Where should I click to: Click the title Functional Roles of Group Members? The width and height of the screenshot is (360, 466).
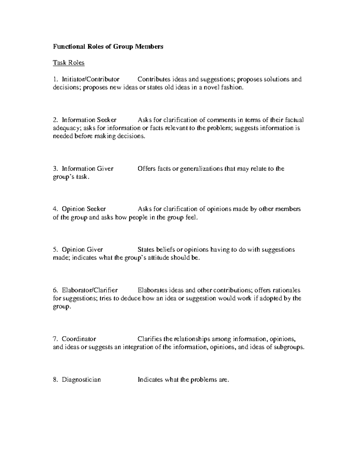point(108,47)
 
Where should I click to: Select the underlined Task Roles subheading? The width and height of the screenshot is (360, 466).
point(69,63)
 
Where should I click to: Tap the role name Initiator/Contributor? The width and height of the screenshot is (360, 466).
point(90,79)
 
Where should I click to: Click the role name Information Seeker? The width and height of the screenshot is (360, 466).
point(89,120)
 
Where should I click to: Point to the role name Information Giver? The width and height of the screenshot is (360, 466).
point(88,169)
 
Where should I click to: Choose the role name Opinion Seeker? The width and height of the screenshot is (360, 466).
point(84,209)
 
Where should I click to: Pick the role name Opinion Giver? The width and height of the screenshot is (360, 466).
point(82,250)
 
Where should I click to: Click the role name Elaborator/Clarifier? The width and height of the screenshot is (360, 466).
point(90,290)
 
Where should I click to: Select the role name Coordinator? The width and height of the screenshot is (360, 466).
point(79,339)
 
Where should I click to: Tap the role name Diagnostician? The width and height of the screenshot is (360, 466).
point(81,380)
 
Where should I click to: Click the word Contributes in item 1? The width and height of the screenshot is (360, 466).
point(154,79)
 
